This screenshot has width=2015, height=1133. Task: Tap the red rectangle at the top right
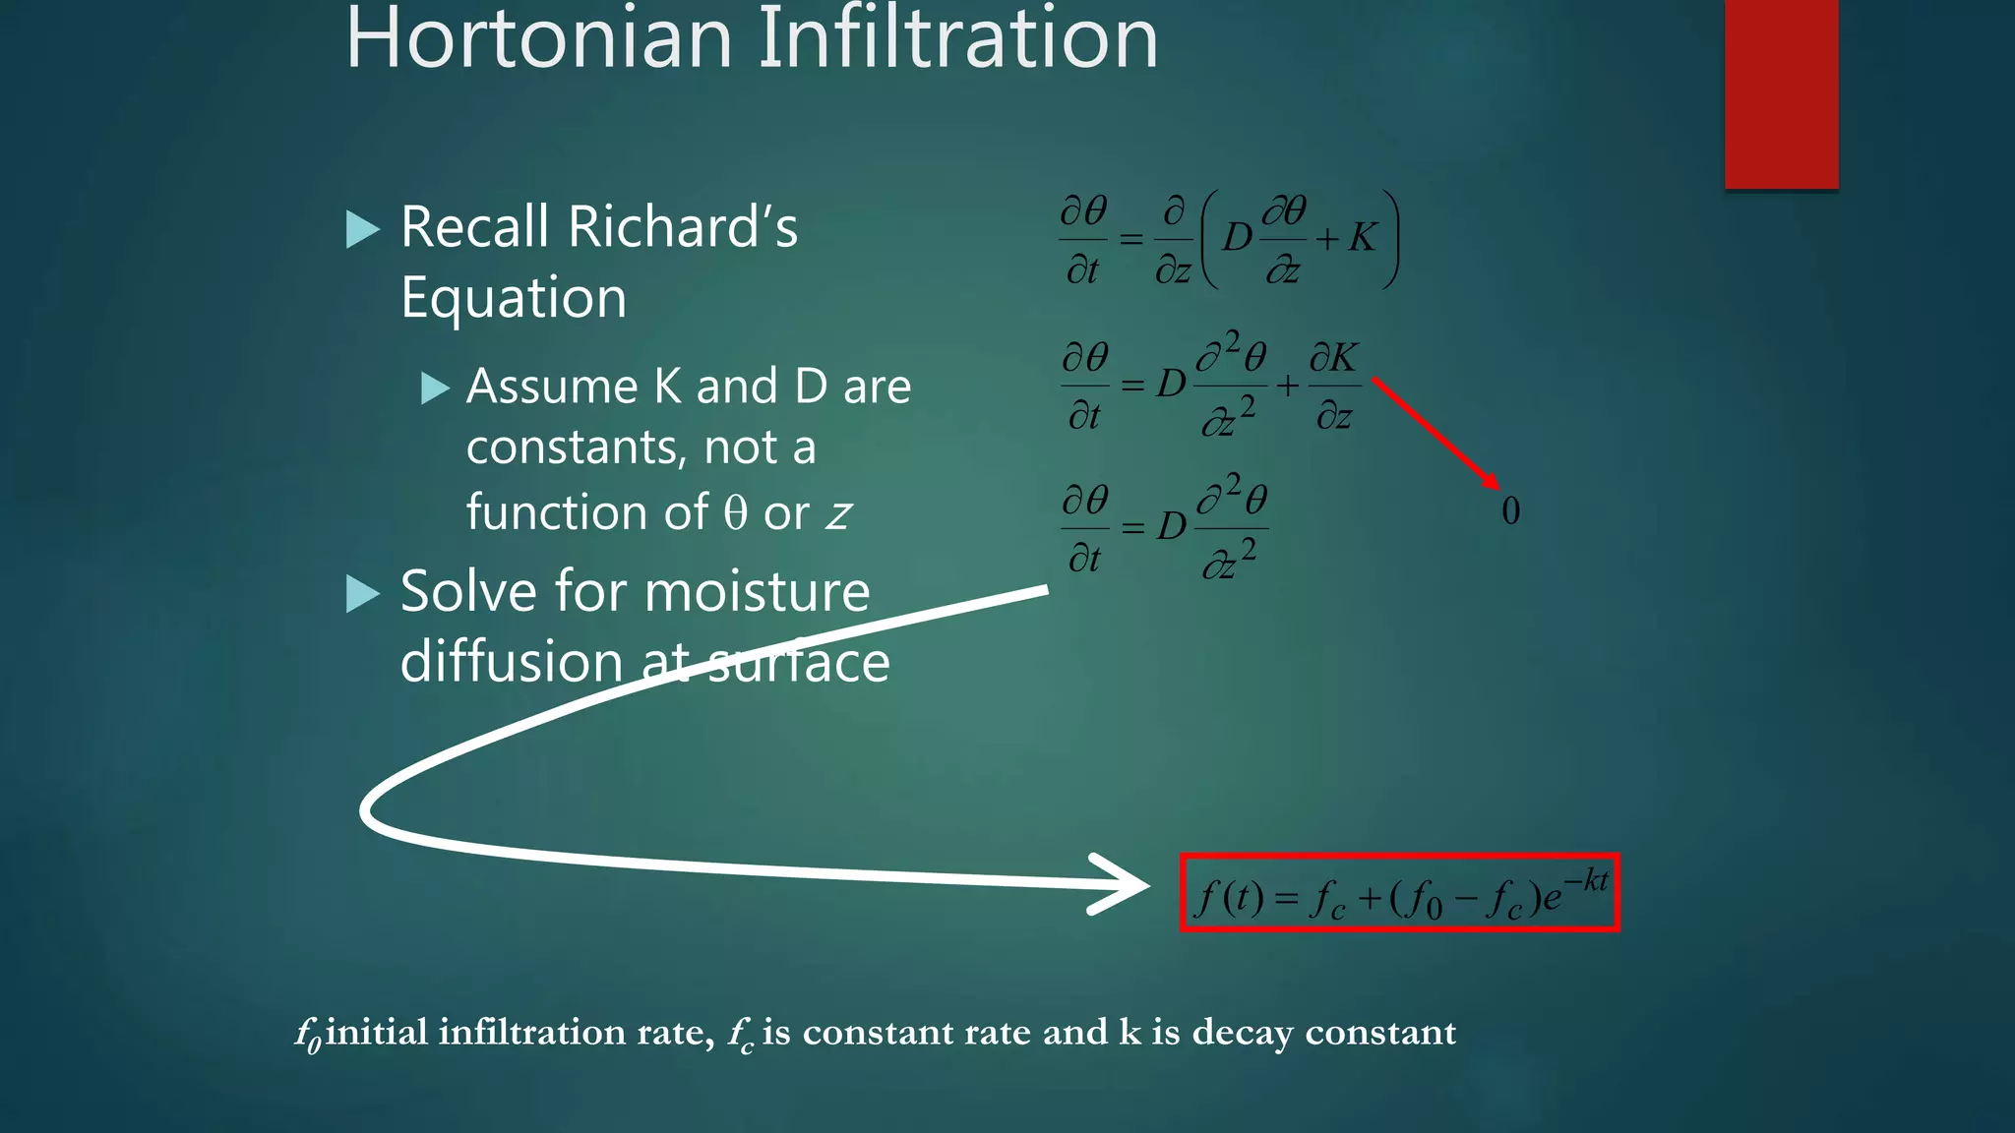[x=1781, y=93]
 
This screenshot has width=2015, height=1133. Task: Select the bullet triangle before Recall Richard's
[x=363, y=229]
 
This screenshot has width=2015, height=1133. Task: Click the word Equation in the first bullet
[x=514, y=298]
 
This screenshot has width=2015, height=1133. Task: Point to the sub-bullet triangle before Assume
[x=435, y=388]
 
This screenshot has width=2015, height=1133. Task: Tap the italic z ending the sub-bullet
[x=838, y=514]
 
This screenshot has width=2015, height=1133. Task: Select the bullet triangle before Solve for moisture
[x=363, y=593]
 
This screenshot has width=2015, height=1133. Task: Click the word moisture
[x=757, y=593]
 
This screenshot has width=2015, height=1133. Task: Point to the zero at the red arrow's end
[x=1511, y=511]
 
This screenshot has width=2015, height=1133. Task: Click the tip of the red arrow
[x=1496, y=486]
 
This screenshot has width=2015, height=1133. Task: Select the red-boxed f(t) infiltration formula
[x=1399, y=893]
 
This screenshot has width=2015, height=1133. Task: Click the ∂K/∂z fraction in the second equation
[x=1334, y=386]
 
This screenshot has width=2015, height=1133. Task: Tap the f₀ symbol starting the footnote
[x=308, y=1035]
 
